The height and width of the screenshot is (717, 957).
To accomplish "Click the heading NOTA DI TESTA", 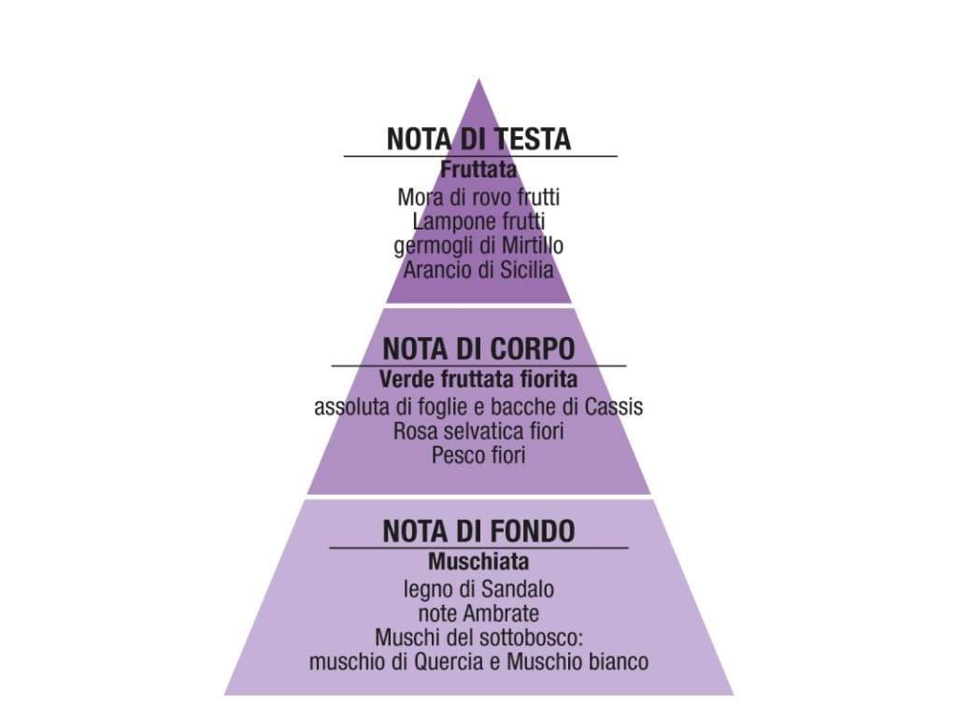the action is point(478,139).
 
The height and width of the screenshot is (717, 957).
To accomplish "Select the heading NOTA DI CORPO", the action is point(478,349).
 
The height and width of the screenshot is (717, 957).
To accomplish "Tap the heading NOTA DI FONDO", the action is point(478,531).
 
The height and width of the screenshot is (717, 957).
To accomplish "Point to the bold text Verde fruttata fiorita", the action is point(478,380).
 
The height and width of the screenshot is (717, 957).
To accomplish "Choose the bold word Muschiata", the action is point(478,562).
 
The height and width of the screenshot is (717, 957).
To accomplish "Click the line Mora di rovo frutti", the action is point(478,198).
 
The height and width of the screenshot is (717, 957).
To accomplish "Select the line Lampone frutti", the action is point(478,222).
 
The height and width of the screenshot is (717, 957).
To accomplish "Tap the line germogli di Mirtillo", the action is point(478,246).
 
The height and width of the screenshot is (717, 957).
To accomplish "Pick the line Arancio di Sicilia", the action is point(478,271).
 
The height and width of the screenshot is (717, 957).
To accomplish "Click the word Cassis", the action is point(615,407).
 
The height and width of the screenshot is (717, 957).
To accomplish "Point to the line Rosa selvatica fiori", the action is point(478,432).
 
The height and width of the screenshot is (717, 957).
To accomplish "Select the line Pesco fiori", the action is point(478,457).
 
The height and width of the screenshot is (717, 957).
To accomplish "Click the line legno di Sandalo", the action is point(478,590).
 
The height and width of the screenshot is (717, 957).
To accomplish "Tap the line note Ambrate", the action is point(478,614).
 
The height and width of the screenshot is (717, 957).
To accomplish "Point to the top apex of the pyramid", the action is point(479,81).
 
